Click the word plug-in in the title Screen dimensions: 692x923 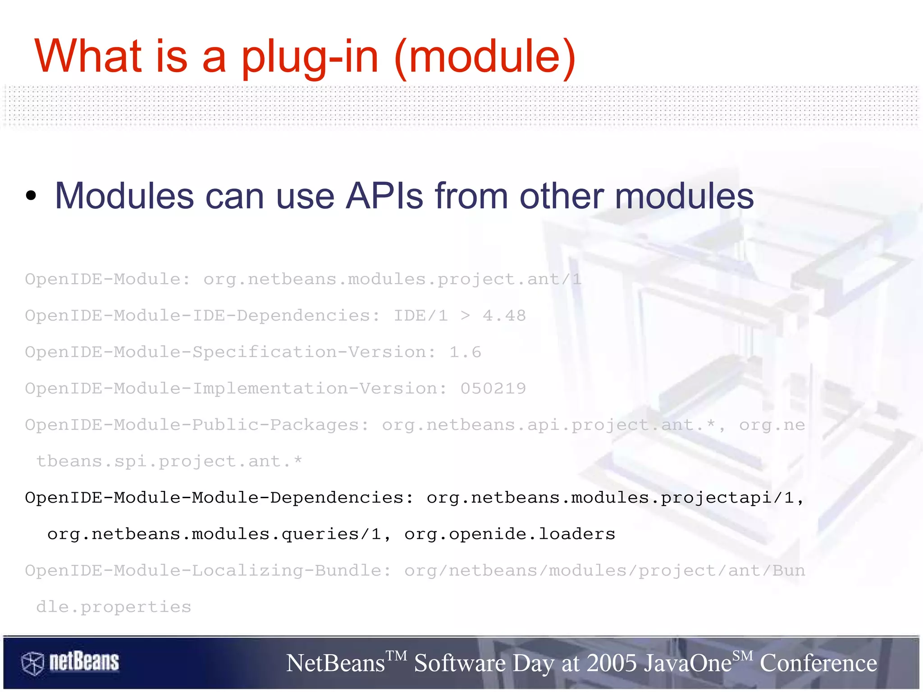point(310,57)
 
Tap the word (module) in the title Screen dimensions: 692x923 point(485,57)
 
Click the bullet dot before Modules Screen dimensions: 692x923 point(31,196)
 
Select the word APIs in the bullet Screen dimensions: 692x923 point(384,196)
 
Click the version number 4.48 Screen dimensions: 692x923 point(504,316)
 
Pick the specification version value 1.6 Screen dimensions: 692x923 point(465,352)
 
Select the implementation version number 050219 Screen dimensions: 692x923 point(493,389)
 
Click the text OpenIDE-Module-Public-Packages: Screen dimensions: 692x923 point(197,425)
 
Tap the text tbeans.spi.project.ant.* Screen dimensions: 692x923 point(169,462)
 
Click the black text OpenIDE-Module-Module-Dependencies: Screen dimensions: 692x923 point(219,498)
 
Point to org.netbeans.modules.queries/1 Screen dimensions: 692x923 point(214,534)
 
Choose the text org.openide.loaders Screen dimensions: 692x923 point(509,534)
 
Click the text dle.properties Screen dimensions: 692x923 point(114,607)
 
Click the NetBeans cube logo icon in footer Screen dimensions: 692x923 point(32,663)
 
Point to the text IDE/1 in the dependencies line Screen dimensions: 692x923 point(420,316)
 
